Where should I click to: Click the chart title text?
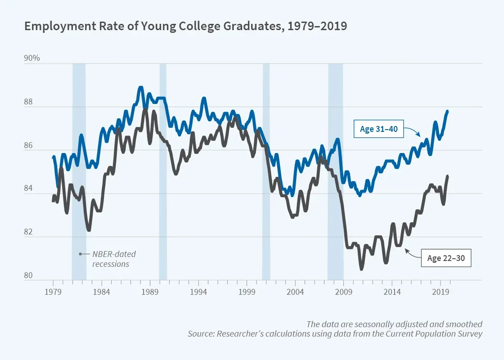185,26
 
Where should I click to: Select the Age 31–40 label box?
378,130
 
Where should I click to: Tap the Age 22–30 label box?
446,258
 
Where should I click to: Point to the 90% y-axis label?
32,58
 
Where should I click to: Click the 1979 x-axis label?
53,292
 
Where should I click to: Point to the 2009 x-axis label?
344,292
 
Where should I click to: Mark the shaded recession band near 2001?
266,171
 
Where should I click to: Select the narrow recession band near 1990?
163,171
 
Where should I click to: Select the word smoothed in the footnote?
466,324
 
